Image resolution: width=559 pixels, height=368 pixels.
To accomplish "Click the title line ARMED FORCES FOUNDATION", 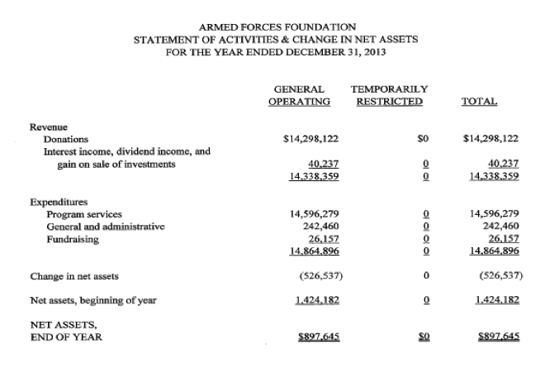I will (x=278, y=26).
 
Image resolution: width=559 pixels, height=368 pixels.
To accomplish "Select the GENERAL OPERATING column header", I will (x=300, y=94).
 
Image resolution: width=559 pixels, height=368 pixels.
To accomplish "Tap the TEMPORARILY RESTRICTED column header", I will (x=389, y=94).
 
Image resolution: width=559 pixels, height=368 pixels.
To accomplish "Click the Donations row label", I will (x=66, y=139).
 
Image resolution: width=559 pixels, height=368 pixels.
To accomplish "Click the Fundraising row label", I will (x=73, y=238).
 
